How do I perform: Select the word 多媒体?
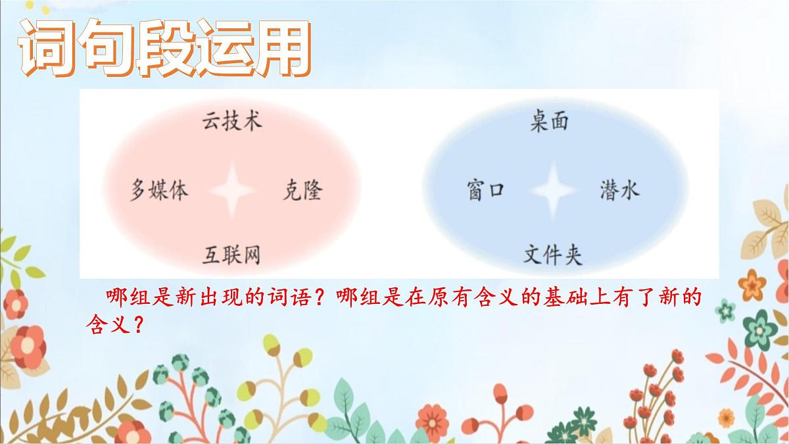point(159,190)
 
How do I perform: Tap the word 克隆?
point(302,190)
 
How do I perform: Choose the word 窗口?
point(485,191)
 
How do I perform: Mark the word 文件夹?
point(553,254)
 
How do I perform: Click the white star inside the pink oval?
point(231,190)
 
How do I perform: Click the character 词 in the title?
point(46,47)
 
